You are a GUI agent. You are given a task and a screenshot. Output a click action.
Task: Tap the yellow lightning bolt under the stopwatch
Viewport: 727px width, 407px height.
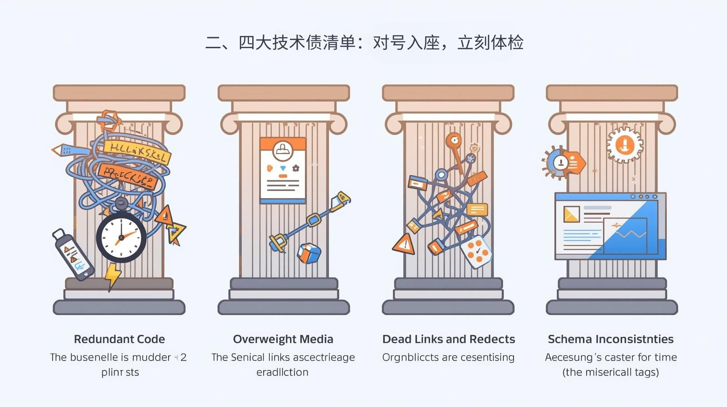pos(112,275)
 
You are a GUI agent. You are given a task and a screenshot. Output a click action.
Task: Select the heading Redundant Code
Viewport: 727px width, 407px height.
pos(120,339)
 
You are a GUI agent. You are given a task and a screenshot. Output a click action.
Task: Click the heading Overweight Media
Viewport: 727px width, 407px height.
pos(283,339)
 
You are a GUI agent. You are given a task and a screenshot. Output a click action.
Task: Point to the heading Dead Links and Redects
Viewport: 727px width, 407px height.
pos(448,339)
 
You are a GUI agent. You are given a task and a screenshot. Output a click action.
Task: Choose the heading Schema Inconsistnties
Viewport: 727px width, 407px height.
pos(611,339)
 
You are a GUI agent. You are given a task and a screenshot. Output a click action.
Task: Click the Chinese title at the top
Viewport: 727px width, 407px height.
pos(364,43)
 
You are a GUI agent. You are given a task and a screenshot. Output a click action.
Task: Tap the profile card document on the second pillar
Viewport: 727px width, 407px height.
pos(283,170)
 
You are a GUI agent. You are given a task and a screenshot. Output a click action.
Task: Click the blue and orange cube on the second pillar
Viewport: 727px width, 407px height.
pos(309,253)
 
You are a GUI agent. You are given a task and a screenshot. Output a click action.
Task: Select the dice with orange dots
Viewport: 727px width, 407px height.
pos(475,251)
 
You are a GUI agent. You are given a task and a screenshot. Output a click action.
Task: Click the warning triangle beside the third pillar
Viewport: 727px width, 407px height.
pos(404,245)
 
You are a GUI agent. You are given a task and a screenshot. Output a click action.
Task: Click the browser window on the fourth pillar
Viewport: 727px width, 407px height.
pos(610,226)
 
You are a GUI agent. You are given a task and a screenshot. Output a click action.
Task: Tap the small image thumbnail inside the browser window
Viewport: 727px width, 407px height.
pos(571,214)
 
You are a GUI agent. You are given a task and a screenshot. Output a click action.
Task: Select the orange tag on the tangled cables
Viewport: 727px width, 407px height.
pos(128,176)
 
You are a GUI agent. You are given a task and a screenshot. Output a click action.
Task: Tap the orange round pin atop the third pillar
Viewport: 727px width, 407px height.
pos(453,141)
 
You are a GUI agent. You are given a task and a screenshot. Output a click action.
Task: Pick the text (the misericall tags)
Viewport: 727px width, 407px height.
pos(611,372)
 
